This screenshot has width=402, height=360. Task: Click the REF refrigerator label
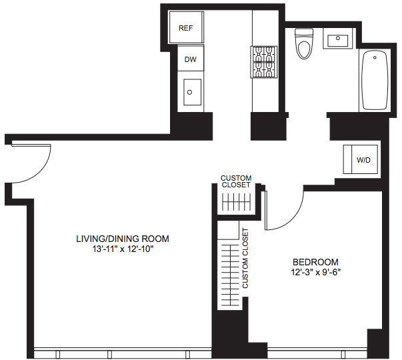185,28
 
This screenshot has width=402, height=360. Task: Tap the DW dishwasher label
191,59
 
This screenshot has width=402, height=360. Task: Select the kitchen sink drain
190,92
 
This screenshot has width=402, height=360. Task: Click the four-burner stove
264,62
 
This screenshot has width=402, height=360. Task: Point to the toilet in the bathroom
305,43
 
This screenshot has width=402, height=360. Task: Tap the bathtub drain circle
375,58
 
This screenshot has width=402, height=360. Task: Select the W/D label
363,160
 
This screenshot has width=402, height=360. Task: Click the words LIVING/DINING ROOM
123,239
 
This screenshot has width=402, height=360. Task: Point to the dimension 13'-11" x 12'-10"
123,249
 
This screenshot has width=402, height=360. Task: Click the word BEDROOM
315,262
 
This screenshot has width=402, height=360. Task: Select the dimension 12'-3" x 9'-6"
315,272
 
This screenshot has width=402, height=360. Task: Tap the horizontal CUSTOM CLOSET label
236,181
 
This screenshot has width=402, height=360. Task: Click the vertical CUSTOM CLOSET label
245,258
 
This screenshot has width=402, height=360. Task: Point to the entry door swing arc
42,171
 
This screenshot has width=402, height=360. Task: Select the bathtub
374,80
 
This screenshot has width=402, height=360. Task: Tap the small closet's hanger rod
237,202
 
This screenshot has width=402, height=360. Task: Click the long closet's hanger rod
231,275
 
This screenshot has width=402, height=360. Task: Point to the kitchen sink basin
192,92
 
